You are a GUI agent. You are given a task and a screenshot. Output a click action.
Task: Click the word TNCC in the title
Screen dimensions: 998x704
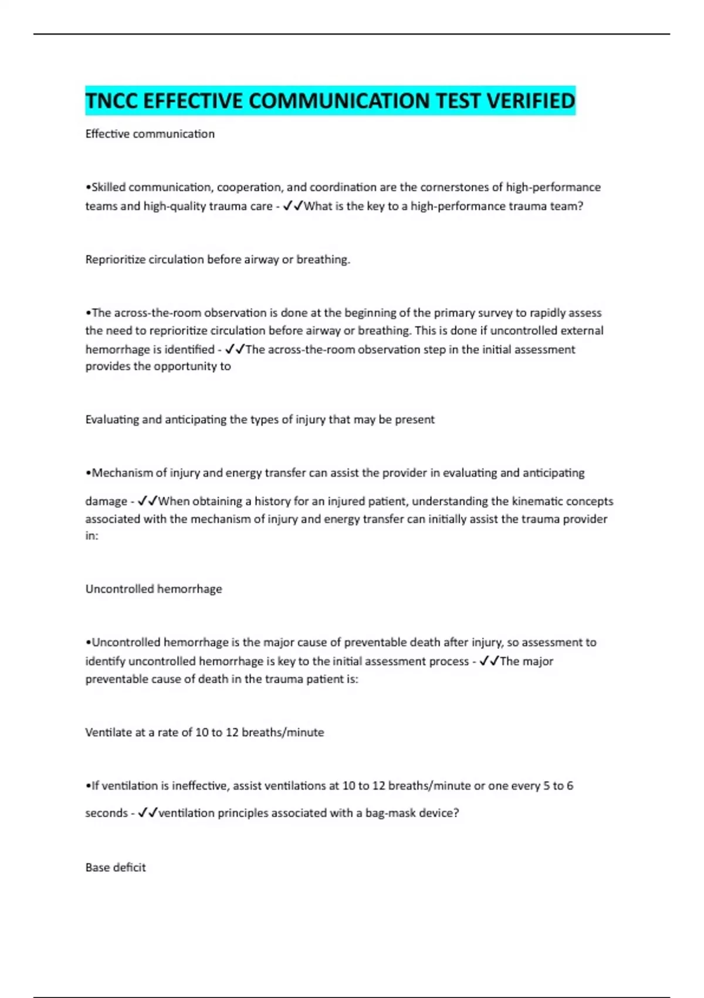111,101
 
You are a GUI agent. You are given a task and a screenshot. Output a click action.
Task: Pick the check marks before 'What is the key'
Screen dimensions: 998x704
292,206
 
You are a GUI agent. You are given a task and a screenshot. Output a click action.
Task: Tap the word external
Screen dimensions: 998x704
581,331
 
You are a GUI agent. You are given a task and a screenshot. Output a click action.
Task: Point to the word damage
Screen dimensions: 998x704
106,501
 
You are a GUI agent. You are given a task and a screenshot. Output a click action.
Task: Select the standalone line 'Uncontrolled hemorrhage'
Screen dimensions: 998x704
154,589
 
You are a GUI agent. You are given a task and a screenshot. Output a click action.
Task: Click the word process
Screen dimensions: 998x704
445,661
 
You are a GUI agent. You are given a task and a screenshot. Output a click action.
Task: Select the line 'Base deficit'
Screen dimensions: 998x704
116,868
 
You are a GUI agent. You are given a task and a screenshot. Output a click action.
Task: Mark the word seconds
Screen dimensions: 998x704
106,813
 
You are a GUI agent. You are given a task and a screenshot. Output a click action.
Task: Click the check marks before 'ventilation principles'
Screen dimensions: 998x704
147,813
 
